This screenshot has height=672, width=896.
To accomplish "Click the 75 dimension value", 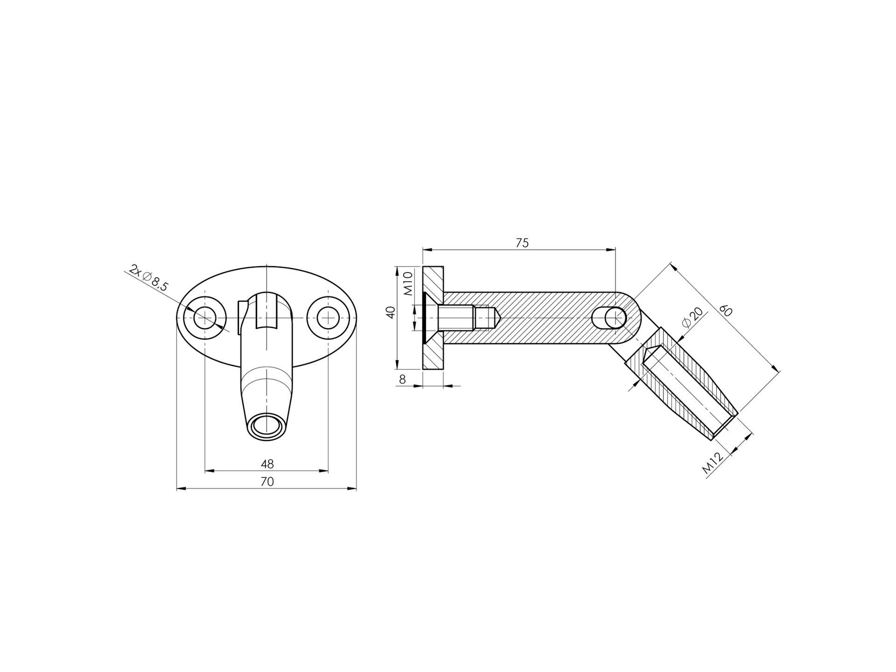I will click(x=522, y=243).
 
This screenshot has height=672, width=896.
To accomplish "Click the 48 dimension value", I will click(x=267, y=465).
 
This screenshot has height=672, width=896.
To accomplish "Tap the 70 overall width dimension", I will click(x=267, y=482).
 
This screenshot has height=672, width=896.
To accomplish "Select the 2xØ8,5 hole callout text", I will click(x=149, y=278).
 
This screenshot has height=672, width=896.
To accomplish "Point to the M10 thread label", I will click(x=408, y=283).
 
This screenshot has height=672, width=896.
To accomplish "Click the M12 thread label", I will click(x=712, y=463).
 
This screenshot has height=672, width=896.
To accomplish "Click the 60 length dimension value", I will click(x=726, y=310).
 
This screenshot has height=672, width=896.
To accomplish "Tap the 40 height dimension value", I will click(x=391, y=313).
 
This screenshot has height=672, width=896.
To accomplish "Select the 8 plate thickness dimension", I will click(x=402, y=379).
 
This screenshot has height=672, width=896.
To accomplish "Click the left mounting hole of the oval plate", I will click(x=203, y=318).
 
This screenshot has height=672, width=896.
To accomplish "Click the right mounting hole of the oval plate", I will click(x=328, y=318).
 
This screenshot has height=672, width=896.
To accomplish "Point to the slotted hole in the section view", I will click(x=610, y=318).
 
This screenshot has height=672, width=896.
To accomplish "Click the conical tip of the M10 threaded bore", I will click(x=495, y=318).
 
